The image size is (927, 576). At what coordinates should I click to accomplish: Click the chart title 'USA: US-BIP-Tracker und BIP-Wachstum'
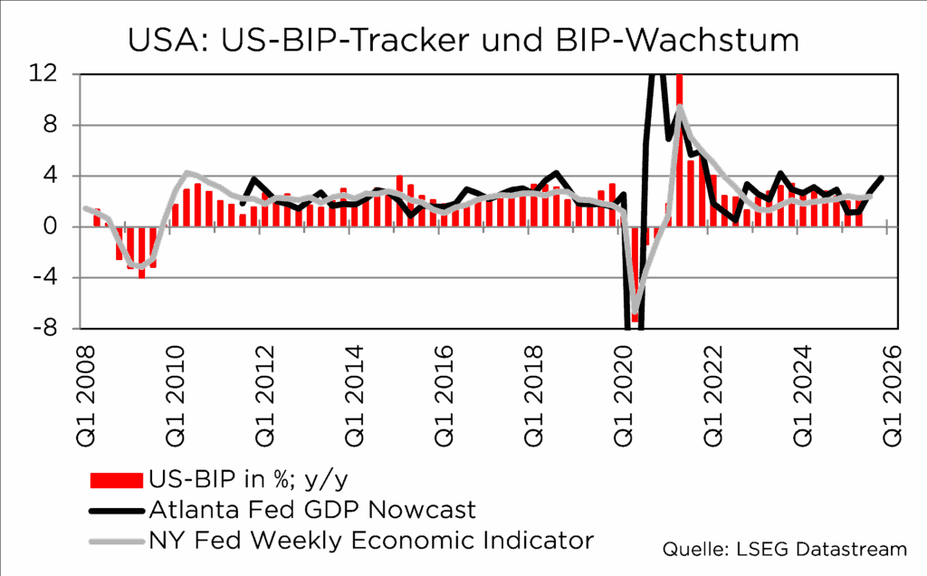coord(463,40)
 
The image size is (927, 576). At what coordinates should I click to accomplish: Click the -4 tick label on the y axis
coord(57,277)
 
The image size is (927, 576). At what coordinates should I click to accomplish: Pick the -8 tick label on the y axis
coord(57,328)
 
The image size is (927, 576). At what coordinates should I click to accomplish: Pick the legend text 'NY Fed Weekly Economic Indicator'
coord(370,541)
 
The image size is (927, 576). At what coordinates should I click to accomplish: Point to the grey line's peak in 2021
coord(679,107)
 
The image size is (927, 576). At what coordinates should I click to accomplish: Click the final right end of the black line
coord(882,178)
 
